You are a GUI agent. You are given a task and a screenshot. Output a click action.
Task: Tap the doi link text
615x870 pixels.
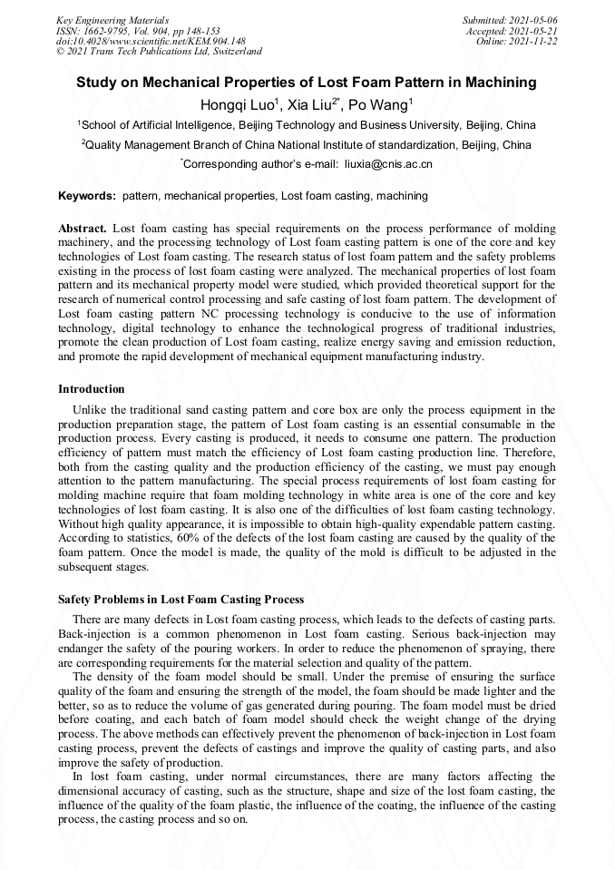(x=151, y=41)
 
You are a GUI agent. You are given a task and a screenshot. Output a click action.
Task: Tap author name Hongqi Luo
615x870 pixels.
(x=240, y=104)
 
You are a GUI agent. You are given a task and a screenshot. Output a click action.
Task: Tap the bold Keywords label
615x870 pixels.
(x=87, y=196)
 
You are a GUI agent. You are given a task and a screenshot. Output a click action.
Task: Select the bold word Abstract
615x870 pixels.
(x=83, y=229)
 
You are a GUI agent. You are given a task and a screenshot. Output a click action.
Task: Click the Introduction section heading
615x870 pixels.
(x=92, y=389)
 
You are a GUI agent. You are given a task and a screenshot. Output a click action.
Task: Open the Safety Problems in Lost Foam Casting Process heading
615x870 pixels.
(x=181, y=600)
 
